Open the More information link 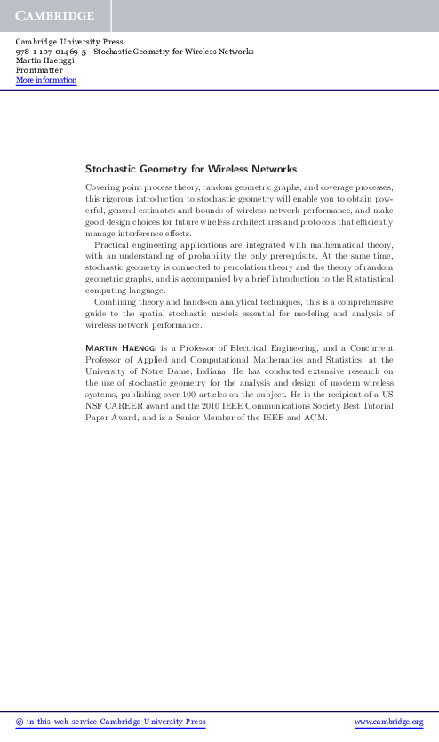[x=46, y=81]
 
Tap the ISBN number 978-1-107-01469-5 [x=54, y=52]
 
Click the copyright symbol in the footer [x=21, y=722]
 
